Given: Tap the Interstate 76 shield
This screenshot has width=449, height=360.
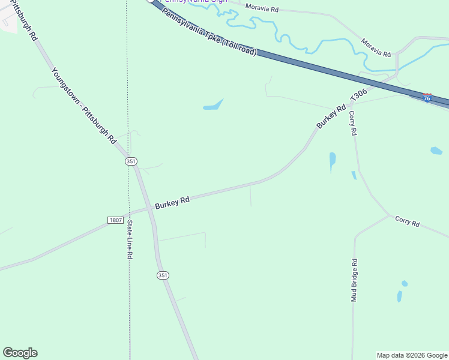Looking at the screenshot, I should (x=427, y=97).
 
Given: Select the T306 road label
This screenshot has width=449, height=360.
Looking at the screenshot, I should (x=358, y=96).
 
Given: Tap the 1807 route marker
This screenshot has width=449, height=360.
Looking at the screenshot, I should (x=116, y=220).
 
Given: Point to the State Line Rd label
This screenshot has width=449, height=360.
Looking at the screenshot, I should (x=129, y=239).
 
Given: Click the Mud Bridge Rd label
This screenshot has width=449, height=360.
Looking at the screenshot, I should (x=354, y=280).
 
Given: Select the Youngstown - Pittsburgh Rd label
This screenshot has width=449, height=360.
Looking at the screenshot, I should (x=83, y=106).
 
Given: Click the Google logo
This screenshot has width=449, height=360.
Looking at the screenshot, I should (x=20, y=353).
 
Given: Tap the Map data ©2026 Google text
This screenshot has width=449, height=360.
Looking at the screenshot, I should (x=412, y=355).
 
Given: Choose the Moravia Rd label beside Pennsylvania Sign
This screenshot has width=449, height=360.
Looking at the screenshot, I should (x=263, y=9).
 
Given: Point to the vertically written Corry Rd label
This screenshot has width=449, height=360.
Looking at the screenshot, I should (x=353, y=122).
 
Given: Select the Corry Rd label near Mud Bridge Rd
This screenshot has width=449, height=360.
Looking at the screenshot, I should (x=407, y=221).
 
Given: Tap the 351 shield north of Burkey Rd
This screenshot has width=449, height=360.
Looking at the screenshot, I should (x=131, y=161).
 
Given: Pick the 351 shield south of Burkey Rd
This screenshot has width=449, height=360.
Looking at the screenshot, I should (x=163, y=275).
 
